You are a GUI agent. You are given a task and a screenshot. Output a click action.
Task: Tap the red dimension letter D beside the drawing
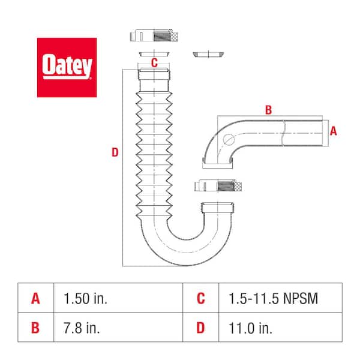pos(115,153)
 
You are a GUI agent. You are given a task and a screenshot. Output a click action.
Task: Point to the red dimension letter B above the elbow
pos(268,109)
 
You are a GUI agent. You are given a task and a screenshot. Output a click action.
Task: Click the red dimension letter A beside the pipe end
pos(334,131)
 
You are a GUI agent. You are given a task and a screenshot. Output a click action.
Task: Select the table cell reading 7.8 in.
pos(76,327)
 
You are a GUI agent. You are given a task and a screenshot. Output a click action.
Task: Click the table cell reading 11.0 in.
pos(241,327)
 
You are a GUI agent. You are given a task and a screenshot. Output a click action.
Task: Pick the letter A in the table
pos(35,298)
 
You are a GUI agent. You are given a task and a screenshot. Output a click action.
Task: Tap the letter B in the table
pos(35,327)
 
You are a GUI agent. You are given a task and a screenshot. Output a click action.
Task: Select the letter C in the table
pos(200,298)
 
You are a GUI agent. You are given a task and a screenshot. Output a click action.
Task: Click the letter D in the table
pos(200,327)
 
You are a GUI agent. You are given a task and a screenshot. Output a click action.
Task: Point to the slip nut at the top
pos(154,35)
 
